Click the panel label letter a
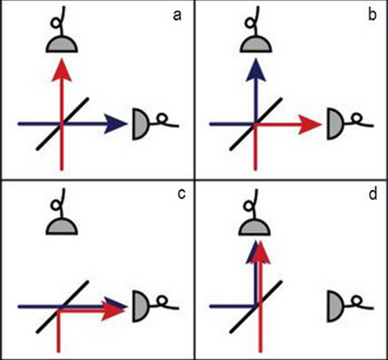(177, 16)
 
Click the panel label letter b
(372, 15)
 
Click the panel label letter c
(181, 194)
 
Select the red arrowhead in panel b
(309, 124)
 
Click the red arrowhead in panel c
(114, 312)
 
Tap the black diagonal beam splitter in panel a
(62, 124)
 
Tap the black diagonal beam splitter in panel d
(256, 307)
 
